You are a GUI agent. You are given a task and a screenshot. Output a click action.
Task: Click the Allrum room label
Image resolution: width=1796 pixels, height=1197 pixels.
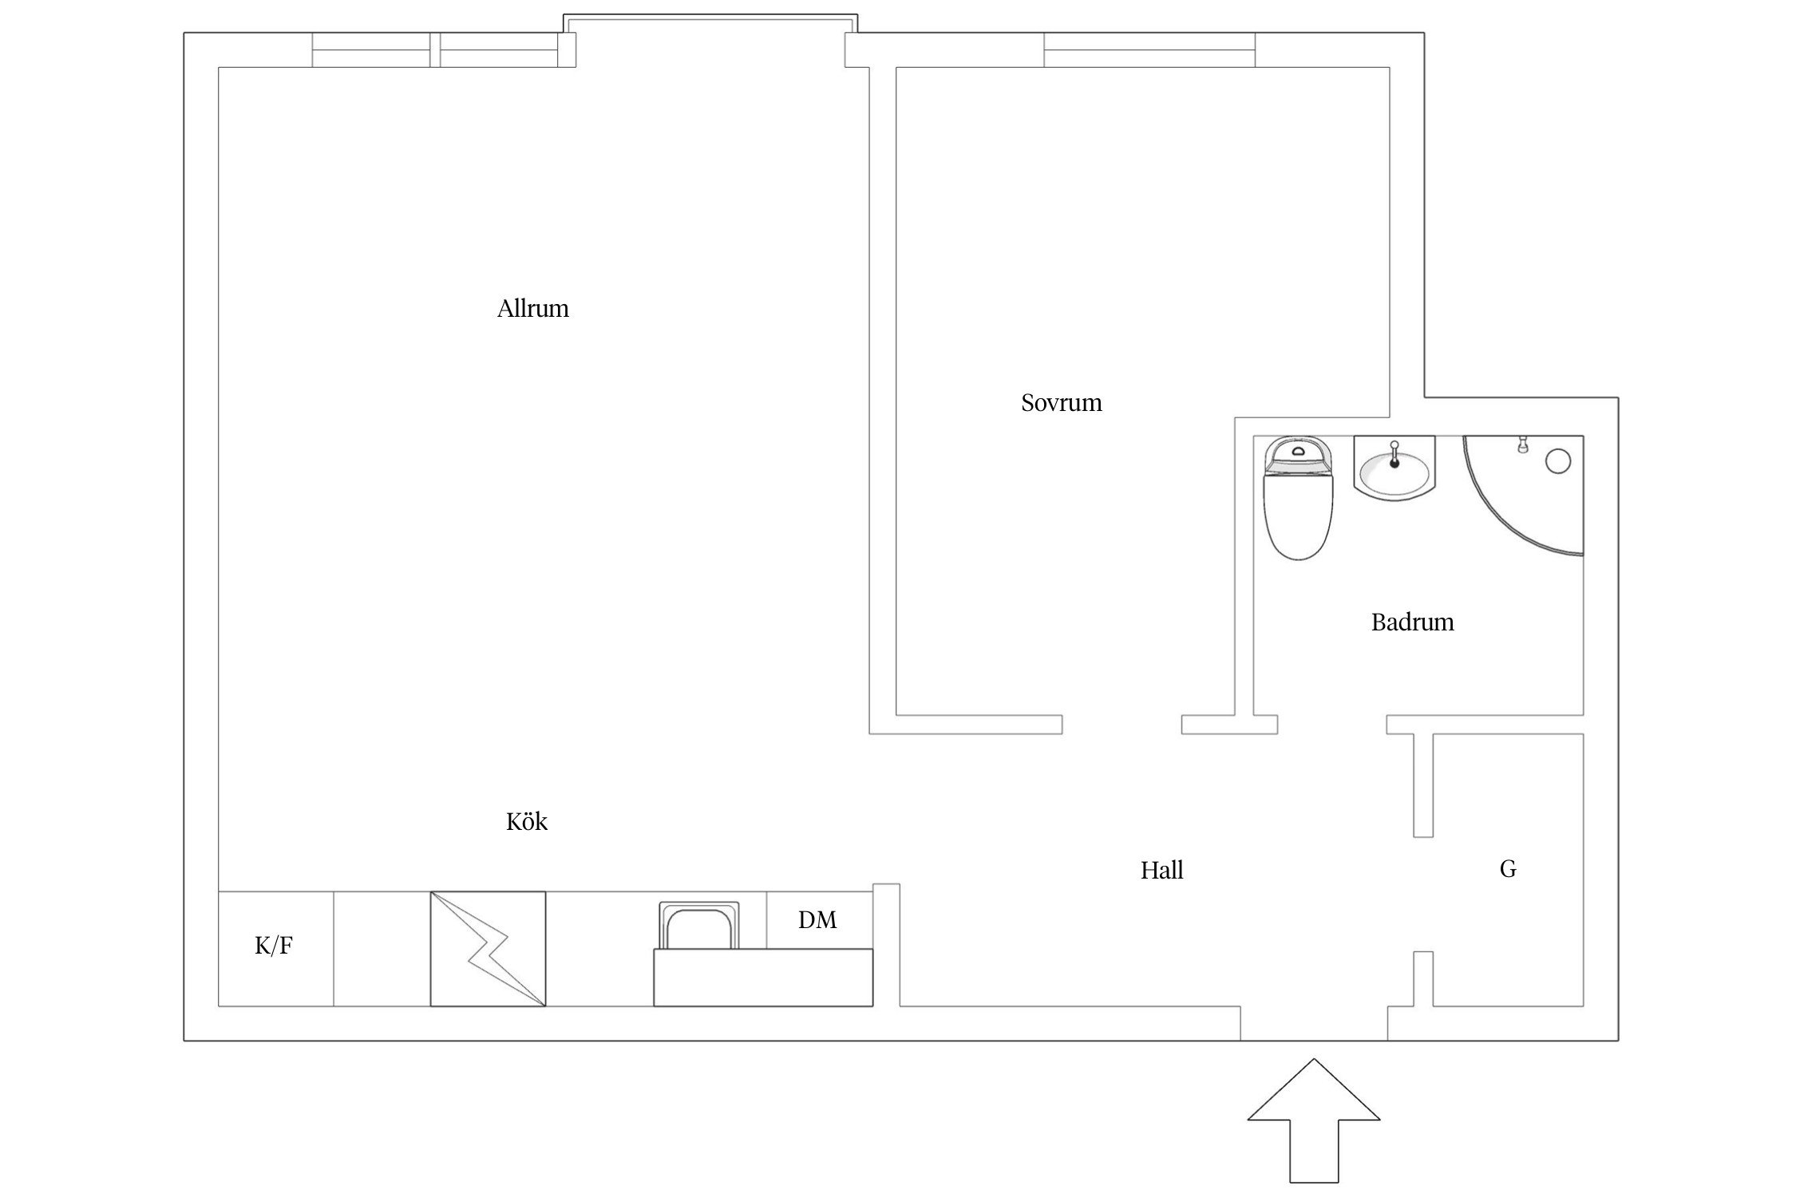point(532,309)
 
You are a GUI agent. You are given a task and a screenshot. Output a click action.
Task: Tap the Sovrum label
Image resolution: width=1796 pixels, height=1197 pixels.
point(1061,402)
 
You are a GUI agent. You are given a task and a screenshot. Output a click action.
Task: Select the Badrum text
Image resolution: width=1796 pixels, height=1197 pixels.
point(1412,622)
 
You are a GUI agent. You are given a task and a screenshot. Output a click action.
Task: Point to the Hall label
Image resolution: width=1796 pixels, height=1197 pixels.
point(1161,870)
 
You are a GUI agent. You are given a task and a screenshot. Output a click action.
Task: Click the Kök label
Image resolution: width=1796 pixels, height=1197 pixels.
point(526,821)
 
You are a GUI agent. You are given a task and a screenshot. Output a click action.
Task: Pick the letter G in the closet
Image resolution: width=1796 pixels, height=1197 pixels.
point(1508,868)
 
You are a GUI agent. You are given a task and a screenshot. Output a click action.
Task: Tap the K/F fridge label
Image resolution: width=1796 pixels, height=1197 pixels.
point(274,946)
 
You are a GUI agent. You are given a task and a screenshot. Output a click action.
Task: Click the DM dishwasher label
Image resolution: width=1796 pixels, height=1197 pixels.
point(817,920)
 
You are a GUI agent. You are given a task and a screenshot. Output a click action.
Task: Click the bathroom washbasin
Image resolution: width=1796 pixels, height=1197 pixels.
point(1394,468)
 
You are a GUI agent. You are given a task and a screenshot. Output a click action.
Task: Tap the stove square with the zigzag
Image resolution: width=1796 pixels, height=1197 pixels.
point(488,949)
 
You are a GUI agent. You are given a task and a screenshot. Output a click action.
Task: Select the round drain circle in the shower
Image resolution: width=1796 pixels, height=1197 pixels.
point(1558,461)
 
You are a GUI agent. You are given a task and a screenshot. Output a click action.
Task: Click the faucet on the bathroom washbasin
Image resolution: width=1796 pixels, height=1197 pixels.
point(1394,453)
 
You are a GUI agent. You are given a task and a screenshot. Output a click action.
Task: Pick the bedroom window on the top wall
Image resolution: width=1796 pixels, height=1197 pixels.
point(1149,49)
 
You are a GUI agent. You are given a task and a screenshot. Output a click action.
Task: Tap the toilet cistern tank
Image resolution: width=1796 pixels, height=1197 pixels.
point(1299,455)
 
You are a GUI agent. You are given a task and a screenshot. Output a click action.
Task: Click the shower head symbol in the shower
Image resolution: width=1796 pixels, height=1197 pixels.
point(1522,444)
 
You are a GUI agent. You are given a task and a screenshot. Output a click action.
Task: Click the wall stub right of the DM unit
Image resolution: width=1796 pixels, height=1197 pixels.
point(886,945)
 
